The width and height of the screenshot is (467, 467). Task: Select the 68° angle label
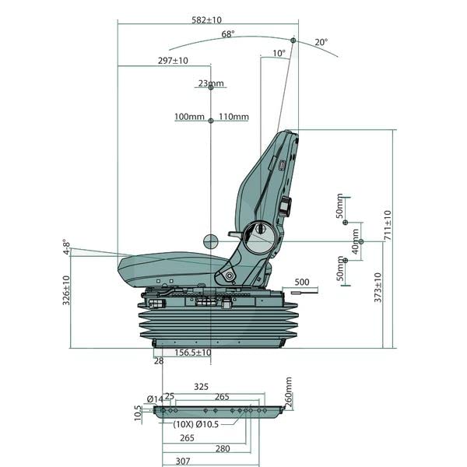pyautogui.click(x=228, y=34)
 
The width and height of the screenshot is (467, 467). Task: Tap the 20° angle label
pyautogui.click(x=321, y=42)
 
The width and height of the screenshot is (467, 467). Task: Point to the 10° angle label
pyautogui.click(x=279, y=54)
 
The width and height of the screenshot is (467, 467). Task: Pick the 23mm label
pyautogui.click(x=211, y=83)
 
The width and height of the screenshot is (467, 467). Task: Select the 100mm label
pyautogui.click(x=189, y=118)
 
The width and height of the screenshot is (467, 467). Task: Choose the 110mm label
pyautogui.click(x=233, y=118)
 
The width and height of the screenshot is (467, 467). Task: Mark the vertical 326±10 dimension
pyautogui.click(x=66, y=290)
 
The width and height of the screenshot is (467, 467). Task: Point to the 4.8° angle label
pyautogui.click(x=68, y=247)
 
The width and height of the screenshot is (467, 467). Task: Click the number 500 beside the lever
pyautogui.click(x=301, y=283)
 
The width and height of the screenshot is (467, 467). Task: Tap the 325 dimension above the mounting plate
pyautogui.click(x=201, y=387)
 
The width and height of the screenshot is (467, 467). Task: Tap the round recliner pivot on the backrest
pyautogui.click(x=258, y=232)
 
